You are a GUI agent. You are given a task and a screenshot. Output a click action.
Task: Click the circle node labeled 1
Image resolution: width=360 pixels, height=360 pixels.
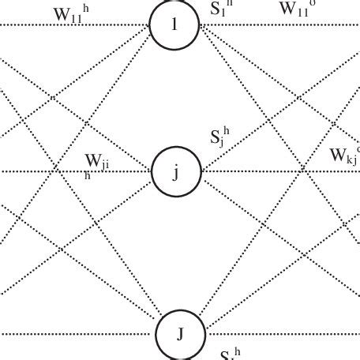click(176, 24)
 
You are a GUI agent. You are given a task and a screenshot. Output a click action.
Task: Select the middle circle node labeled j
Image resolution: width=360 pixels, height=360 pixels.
click(176, 171)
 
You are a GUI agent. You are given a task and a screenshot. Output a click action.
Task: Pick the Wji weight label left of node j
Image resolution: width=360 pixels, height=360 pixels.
click(98, 162)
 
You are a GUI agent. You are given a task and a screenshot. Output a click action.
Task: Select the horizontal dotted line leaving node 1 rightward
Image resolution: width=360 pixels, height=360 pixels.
click(276, 24)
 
